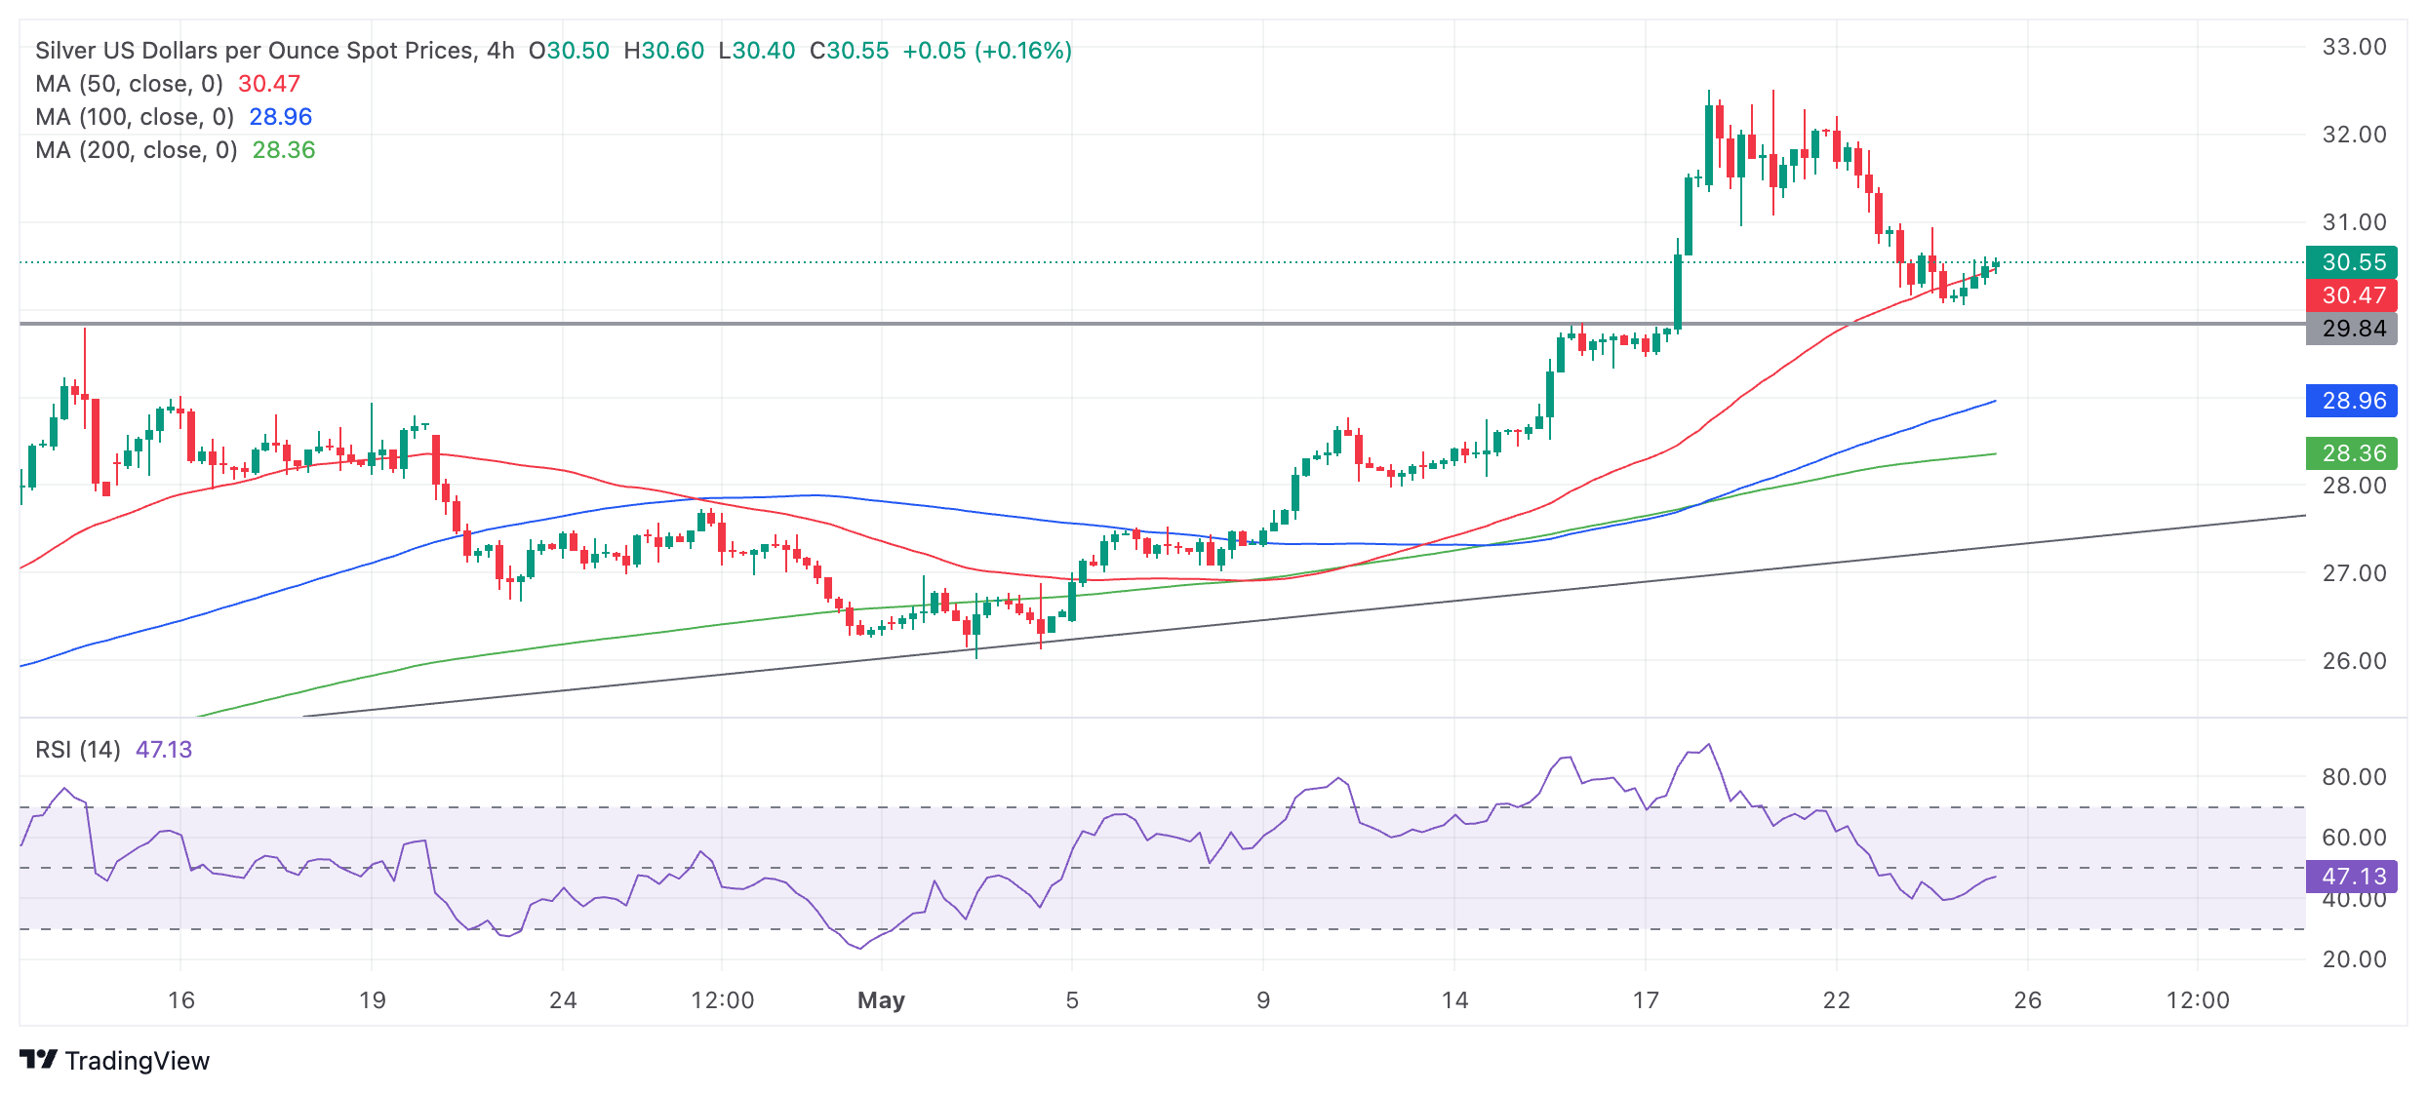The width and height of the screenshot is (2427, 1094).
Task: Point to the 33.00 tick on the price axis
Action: (2354, 47)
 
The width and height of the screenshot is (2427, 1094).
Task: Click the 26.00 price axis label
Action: (2354, 661)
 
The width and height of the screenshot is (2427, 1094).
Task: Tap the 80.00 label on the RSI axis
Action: (2354, 777)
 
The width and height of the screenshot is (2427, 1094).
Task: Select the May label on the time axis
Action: (881, 1000)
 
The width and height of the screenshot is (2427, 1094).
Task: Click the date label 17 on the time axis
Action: (1646, 1000)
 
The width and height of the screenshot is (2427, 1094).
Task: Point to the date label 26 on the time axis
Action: (2028, 1000)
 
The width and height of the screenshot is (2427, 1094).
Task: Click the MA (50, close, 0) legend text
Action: (129, 84)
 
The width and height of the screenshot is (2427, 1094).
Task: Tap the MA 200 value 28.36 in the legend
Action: (284, 150)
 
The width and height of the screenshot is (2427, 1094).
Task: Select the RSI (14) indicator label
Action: (78, 750)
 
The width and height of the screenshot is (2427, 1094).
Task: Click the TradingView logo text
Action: (137, 1061)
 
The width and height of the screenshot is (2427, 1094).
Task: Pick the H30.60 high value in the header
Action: (663, 51)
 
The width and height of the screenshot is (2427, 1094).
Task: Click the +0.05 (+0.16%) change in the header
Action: (987, 51)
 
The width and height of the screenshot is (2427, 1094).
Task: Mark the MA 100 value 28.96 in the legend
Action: (280, 117)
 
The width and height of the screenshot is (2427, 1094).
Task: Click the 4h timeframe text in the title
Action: (500, 51)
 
